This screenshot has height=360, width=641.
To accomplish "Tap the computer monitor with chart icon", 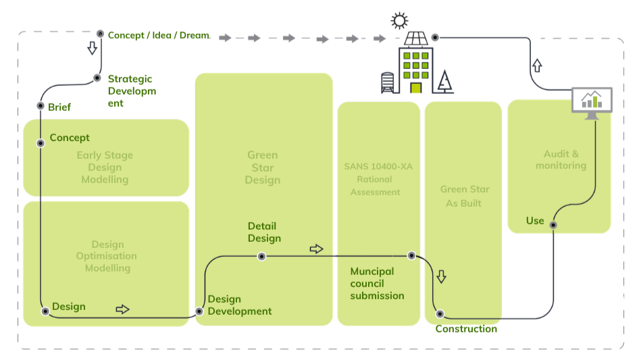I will (592, 102).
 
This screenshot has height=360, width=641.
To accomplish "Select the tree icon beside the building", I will (444, 82).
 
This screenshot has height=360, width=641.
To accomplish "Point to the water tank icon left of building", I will (387, 82).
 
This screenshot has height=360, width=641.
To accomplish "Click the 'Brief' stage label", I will (59, 107).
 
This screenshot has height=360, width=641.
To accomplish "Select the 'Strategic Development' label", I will (131, 91).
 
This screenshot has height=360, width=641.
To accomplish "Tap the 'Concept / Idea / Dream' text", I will (158, 35).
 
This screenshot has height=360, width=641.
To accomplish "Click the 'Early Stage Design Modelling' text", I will (105, 168).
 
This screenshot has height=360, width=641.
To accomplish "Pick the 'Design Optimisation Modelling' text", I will (107, 256).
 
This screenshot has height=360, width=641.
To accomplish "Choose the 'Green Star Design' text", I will (263, 168).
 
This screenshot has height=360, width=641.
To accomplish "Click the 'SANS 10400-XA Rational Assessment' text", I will (375, 179).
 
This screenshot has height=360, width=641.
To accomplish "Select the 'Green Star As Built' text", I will (464, 196).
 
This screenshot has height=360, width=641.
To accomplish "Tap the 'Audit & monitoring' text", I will (561, 160).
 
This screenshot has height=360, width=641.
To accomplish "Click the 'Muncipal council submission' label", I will (377, 283).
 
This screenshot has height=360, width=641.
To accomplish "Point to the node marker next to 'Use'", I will (553, 225).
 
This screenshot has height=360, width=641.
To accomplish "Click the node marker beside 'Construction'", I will (440, 313).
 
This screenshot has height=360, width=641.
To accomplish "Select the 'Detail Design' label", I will (263, 232).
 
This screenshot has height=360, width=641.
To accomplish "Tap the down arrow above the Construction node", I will (441, 276).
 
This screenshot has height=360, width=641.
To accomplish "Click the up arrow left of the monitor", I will (537, 66).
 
